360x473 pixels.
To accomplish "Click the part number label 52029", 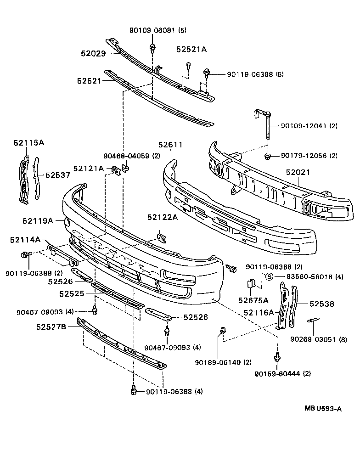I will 93,53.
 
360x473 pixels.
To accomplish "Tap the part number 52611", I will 170,145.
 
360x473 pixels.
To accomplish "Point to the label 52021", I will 298,172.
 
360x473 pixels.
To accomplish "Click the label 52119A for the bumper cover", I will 38,220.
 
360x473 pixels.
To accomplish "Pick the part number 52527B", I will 51,327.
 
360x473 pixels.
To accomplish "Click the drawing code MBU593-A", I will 322,408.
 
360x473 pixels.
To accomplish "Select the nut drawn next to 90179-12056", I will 267,157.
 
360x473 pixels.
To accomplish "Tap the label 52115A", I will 28,143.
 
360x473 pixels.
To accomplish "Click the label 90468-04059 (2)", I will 132,156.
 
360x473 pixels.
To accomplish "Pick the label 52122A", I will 163,218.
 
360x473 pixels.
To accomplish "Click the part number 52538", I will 321,304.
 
